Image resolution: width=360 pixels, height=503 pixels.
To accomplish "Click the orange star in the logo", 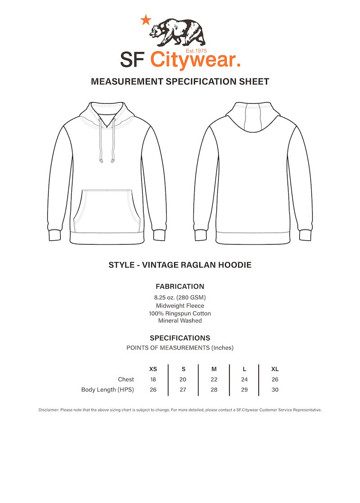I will tap(145, 20).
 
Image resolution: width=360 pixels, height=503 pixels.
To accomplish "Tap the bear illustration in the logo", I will tap(177, 32).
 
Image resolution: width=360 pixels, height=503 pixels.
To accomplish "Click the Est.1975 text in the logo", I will tap(196, 51).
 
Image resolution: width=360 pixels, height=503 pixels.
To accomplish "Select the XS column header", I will tap(153, 369).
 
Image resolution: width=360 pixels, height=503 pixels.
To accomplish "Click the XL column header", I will tap(275, 369).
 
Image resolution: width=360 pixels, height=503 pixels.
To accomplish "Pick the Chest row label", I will tap(126, 380).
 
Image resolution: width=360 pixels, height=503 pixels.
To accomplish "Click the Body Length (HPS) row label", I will tap(108, 390).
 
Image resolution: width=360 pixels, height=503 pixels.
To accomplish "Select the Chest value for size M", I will tap(214, 380).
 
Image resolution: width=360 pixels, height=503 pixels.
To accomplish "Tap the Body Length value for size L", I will tap(244, 390).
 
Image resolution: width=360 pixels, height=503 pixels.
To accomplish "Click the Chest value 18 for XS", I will tap(153, 380).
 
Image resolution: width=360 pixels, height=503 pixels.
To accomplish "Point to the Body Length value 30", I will tap(275, 390).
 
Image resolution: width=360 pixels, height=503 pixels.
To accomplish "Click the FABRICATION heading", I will tap(180, 286).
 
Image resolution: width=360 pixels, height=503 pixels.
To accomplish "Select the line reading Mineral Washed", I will tap(180, 321).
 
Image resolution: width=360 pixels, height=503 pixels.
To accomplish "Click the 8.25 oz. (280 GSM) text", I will tap(180, 298).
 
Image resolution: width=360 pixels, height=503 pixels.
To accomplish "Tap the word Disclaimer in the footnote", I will tap(49, 410).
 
